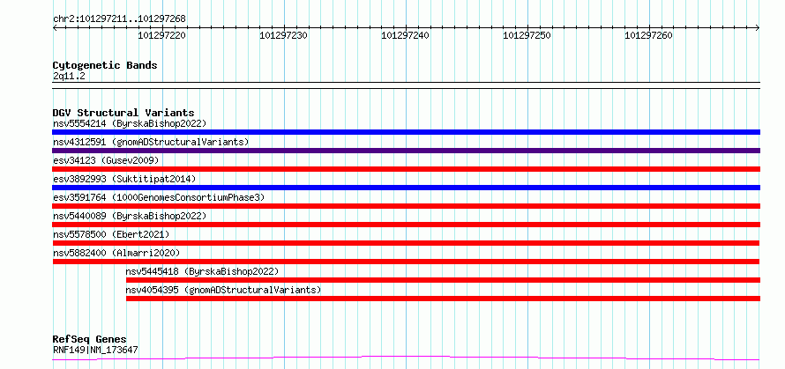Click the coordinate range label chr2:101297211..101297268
click(x=119, y=19)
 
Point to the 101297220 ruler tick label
click(x=162, y=35)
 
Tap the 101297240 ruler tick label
click(x=406, y=35)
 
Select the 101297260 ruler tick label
click(x=649, y=35)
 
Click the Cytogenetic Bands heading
click(x=105, y=65)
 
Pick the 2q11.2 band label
click(x=69, y=77)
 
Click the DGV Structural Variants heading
click(x=123, y=113)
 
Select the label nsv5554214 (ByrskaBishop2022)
click(x=130, y=123)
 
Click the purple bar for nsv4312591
click(x=406, y=151)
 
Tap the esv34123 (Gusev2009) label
click(x=106, y=160)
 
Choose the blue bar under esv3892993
click(x=406, y=188)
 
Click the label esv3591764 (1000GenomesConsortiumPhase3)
click(x=159, y=197)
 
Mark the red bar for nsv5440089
click(x=406, y=225)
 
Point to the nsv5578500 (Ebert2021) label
click(x=111, y=234)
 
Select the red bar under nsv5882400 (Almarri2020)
click(x=406, y=262)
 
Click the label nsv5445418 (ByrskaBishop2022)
click(x=202, y=271)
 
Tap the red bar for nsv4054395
click(x=443, y=299)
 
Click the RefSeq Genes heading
click(x=90, y=340)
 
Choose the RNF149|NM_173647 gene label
click(x=95, y=350)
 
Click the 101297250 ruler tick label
click(x=527, y=35)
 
